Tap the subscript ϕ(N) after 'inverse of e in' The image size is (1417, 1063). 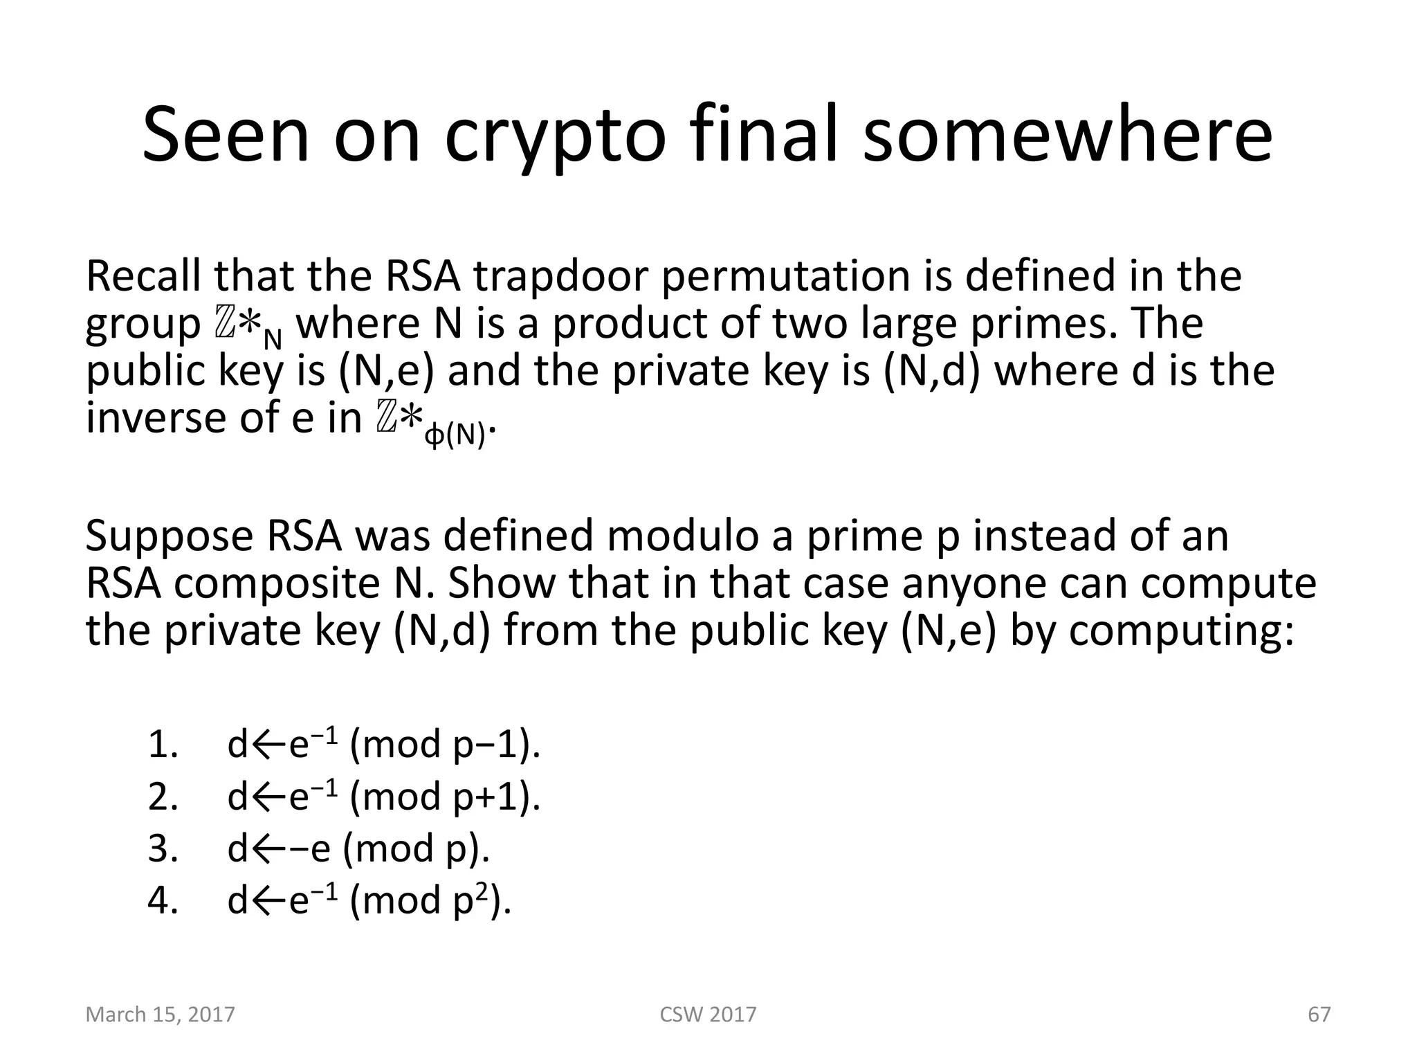click(x=455, y=436)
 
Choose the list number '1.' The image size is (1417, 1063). click(x=163, y=745)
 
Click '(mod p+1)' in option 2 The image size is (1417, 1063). click(x=445, y=797)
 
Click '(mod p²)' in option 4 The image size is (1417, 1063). click(x=430, y=900)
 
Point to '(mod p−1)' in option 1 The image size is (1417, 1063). click(x=445, y=745)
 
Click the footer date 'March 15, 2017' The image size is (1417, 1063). click(x=160, y=1015)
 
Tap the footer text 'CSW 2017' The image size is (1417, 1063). click(x=708, y=1015)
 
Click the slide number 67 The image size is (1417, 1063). click(x=1319, y=1015)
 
